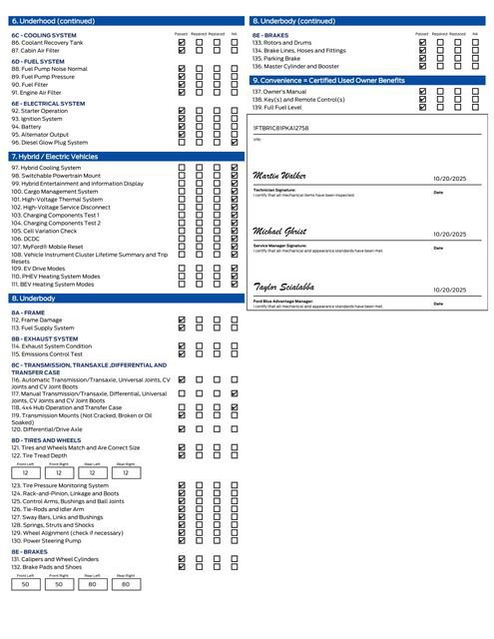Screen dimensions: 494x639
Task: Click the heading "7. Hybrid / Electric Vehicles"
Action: coord(54,157)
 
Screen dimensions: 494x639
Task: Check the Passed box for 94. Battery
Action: coord(181,127)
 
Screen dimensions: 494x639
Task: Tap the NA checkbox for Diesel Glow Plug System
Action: coord(234,143)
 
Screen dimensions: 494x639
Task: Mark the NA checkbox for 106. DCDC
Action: coord(234,239)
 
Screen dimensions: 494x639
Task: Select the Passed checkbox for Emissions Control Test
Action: coord(181,353)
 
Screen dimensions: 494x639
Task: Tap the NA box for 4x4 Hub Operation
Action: coord(234,407)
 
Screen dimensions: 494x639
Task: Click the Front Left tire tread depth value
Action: coord(26,472)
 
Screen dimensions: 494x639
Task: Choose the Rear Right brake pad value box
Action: coord(125,584)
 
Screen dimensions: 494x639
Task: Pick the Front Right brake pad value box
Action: coord(59,584)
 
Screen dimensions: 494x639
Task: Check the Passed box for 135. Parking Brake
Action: coord(422,58)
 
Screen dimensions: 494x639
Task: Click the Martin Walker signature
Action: coord(280,176)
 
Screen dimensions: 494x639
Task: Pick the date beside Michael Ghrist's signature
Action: coord(450,235)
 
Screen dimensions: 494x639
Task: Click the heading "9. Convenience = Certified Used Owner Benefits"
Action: coord(328,80)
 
